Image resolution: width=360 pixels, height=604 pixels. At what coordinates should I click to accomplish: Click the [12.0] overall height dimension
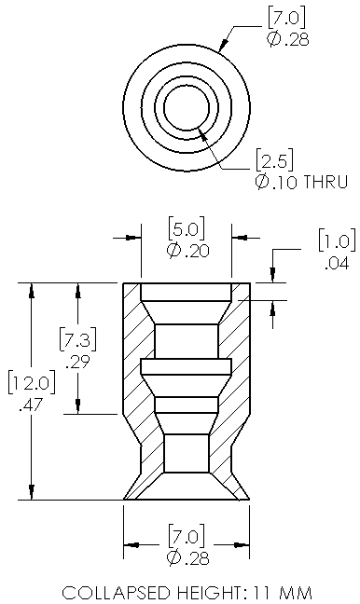[x=32, y=383]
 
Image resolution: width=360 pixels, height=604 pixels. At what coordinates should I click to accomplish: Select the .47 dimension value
[x=31, y=405]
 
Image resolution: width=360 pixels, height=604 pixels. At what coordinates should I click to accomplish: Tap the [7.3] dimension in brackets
[x=77, y=339]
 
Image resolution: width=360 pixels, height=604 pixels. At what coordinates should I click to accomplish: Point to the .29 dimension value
[x=77, y=362]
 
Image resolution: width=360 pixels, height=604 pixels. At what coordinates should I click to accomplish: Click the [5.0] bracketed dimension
[x=187, y=228]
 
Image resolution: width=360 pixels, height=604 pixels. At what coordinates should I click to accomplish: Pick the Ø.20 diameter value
[x=187, y=251]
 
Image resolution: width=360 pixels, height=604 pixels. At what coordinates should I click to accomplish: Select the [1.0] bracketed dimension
[x=337, y=240]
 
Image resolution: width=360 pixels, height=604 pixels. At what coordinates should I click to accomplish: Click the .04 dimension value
[x=337, y=264]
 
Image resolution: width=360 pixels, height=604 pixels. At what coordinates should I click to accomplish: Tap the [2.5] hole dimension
[x=274, y=159]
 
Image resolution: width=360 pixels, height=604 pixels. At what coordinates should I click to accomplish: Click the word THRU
[x=325, y=182]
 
